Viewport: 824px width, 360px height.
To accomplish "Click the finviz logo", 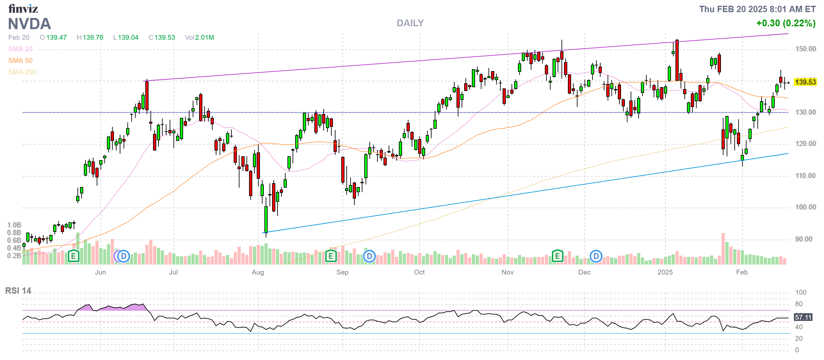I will (x=23, y=9).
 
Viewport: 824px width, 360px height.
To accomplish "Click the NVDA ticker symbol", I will (x=29, y=24).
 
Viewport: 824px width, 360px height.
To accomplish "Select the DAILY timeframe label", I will (x=410, y=23).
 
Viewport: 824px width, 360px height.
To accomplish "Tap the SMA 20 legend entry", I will (x=20, y=49).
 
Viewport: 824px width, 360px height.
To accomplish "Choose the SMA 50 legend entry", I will (x=20, y=61).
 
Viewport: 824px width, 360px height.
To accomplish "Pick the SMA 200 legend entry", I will (x=22, y=72).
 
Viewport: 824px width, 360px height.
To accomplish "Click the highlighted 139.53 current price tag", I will (x=805, y=82).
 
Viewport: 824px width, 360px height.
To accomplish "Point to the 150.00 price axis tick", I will (x=805, y=49).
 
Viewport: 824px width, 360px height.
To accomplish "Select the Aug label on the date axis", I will (x=258, y=272).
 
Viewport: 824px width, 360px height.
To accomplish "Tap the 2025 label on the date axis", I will (x=665, y=272).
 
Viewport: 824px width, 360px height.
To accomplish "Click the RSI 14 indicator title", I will (x=18, y=291).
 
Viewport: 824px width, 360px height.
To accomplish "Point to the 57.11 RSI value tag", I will (x=803, y=317).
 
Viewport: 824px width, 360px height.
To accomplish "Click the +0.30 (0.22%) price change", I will (x=786, y=23).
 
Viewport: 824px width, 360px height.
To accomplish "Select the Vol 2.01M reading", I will (x=199, y=37).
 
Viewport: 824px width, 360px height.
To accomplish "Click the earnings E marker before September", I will (x=331, y=256).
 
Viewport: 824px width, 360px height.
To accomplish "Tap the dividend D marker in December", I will (x=596, y=256).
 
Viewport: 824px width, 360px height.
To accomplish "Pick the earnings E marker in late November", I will (x=557, y=256).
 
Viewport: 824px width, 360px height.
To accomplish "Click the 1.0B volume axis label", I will (x=14, y=225).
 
